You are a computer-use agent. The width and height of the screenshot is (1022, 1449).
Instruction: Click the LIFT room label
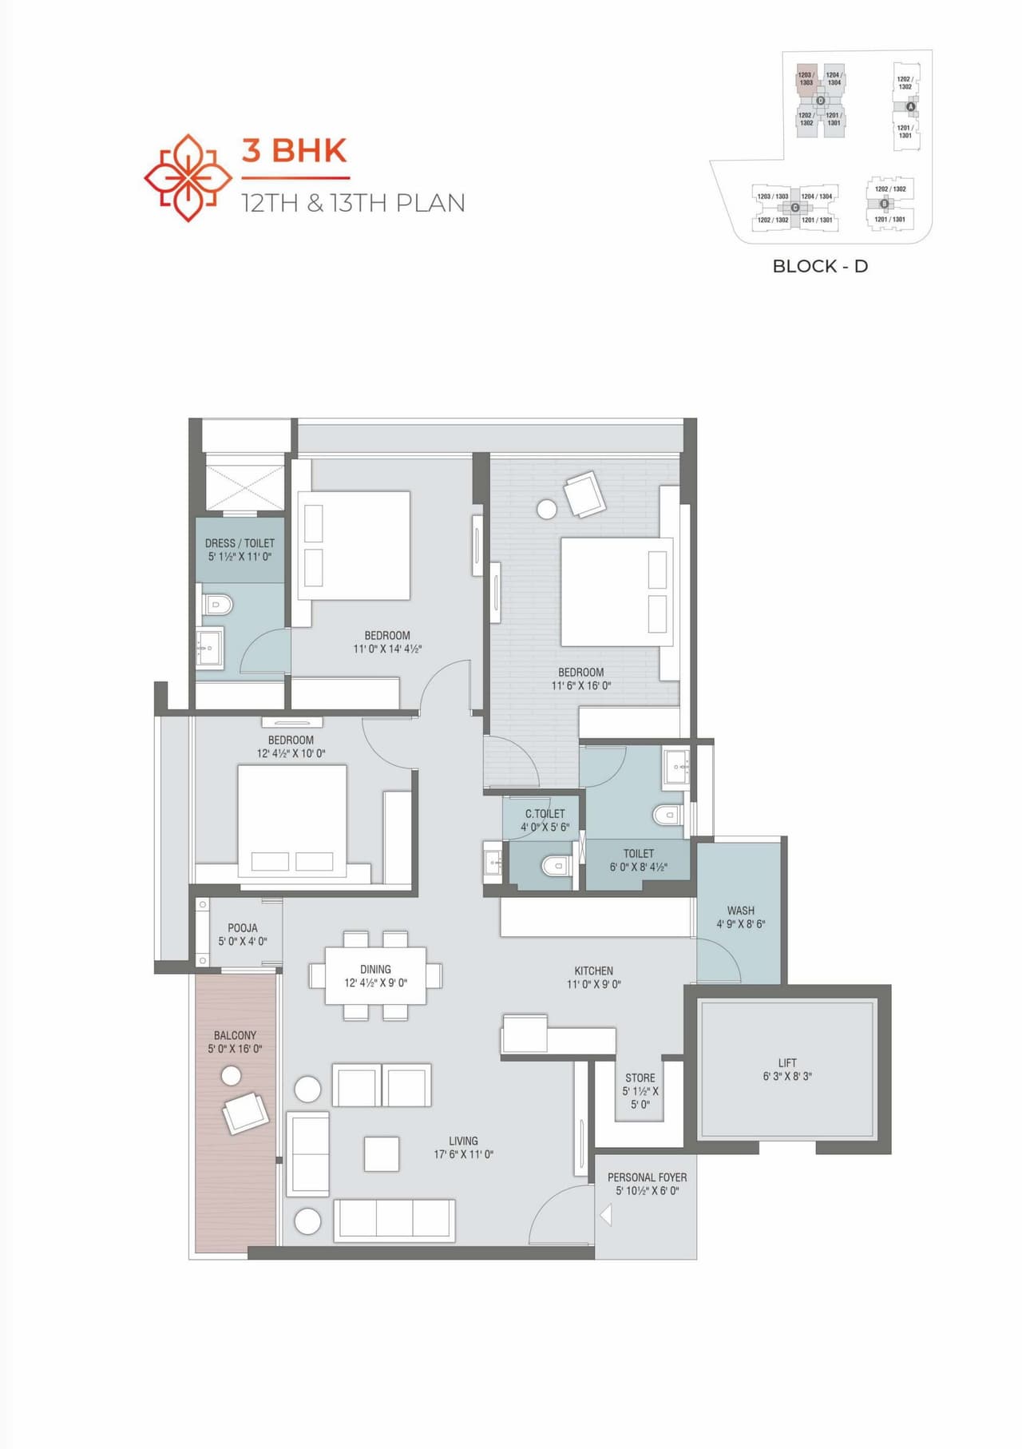click(x=787, y=1062)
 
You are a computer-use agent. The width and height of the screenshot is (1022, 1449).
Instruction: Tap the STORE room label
click(x=640, y=1078)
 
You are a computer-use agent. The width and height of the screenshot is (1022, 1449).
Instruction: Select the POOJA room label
click(x=243, y=927)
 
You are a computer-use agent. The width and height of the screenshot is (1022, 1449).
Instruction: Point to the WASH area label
click(x=741, y=910)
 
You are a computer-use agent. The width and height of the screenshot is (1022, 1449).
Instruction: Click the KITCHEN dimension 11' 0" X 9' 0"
click(x=594, y=984)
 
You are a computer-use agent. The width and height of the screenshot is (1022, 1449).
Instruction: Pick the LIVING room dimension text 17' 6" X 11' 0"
click(x=463, y=1154)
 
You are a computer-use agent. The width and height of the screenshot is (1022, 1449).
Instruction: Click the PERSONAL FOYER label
click(x=647, y=1177)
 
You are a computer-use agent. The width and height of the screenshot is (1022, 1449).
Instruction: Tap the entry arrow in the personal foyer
click(x=606, y=1215)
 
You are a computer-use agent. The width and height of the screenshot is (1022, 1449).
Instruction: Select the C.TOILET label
click(x=545, y=813)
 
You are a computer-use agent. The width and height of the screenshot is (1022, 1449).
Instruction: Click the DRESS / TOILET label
click(x=240, y=542)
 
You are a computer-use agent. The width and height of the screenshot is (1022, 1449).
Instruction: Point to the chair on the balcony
click(x=245, y=1112)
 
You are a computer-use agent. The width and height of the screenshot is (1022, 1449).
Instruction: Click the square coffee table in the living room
click(x=382, y=1153)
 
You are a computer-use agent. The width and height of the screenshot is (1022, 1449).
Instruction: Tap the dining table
click(x=375, y=975)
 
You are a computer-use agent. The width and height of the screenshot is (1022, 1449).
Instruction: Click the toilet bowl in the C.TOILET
click(x=554, y=866)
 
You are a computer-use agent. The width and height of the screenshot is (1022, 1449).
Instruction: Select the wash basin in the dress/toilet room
click(x=211, y=648)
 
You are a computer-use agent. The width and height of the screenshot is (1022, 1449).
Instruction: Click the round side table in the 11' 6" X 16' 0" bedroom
click(x=547, y=509)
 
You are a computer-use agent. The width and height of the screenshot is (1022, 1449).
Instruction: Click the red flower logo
click(x=188, y=177)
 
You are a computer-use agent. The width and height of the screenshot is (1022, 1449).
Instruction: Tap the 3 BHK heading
click(x=295, y=150)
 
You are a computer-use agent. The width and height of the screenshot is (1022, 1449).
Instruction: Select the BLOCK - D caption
click(x=820, y=266)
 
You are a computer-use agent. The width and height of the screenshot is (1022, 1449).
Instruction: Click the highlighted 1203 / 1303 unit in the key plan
click(x=806, y=79)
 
